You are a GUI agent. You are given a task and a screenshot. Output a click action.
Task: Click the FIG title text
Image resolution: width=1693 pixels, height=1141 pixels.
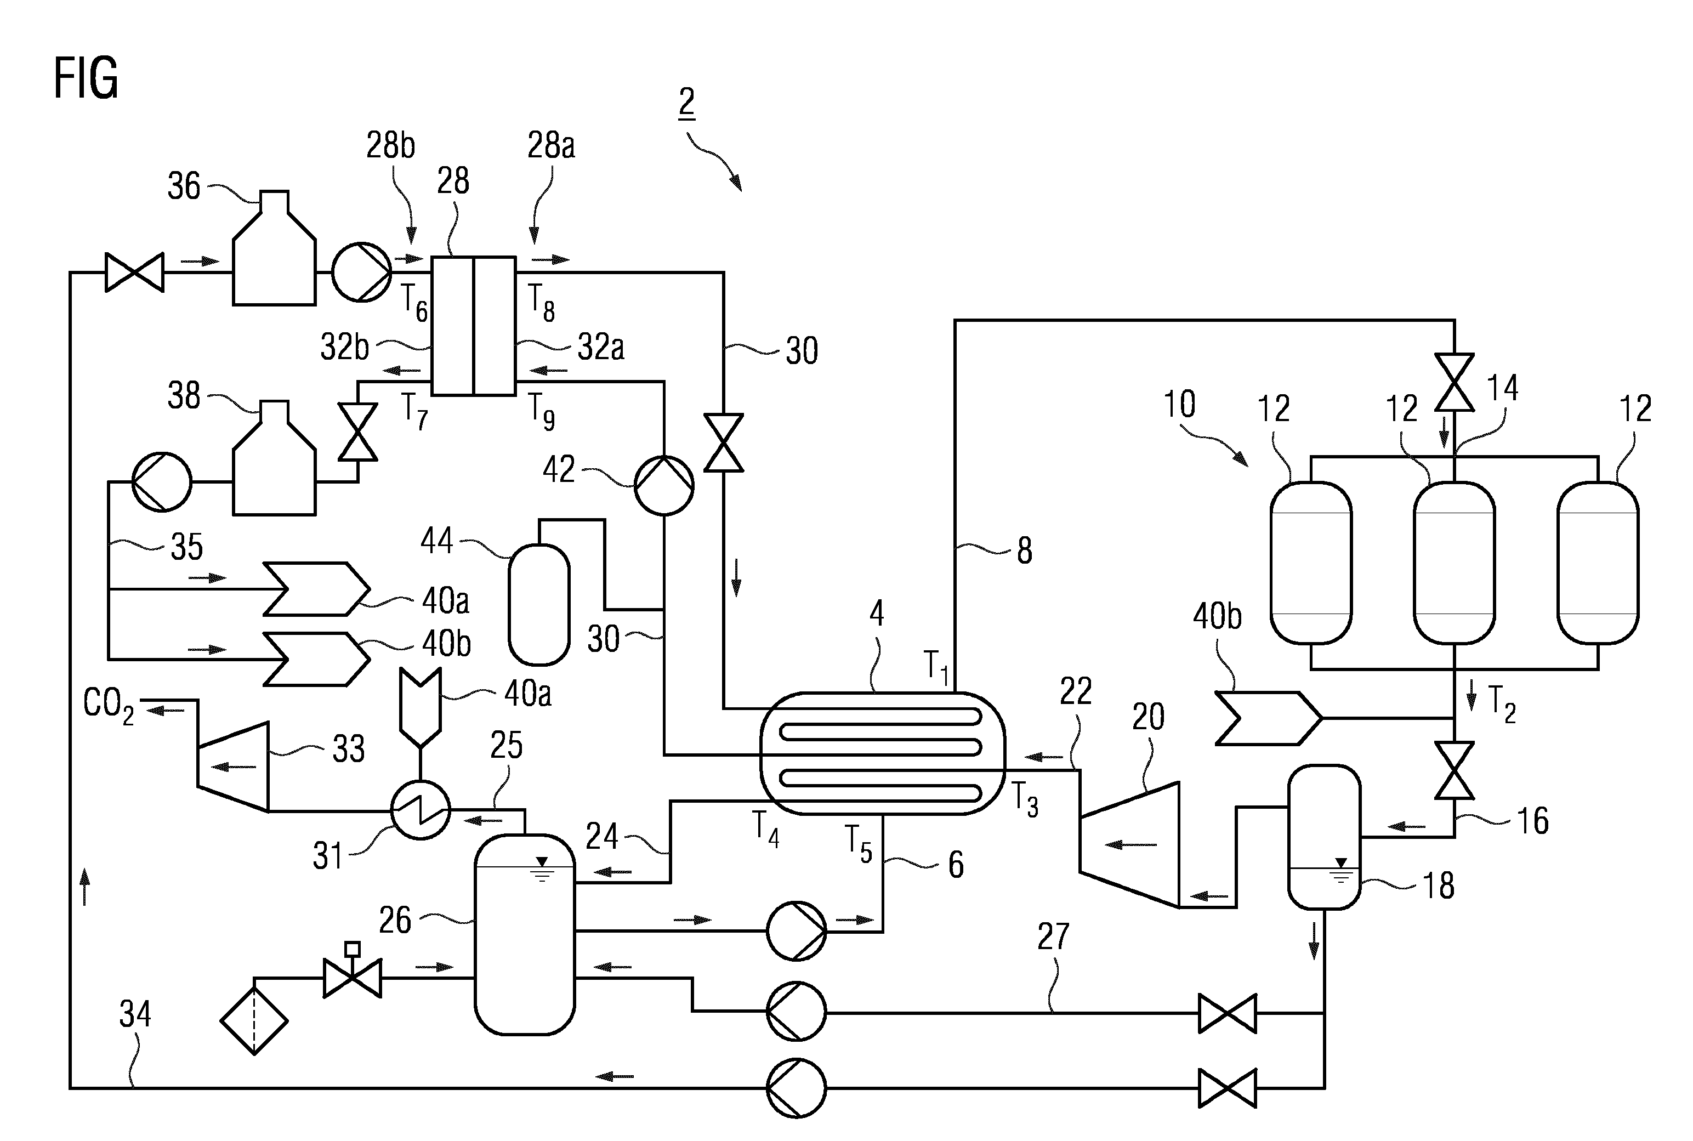click(x=86, y=78)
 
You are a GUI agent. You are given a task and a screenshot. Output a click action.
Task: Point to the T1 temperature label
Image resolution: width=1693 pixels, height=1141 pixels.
click(x=936, y=667)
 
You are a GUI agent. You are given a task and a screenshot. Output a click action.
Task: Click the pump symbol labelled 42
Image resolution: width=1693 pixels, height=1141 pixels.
click(x=663, y=485)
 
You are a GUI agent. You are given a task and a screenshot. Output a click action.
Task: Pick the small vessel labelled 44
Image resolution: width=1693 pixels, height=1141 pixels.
click(x=539, y=605)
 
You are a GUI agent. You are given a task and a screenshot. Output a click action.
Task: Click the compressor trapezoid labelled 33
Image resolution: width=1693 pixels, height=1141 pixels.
click(x=233, y=767)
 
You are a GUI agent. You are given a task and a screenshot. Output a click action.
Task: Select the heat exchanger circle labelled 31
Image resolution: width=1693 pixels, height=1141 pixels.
click(x=421, y=810)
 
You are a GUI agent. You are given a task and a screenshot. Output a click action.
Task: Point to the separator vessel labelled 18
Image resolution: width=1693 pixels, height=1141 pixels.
click(x=1324, y=837)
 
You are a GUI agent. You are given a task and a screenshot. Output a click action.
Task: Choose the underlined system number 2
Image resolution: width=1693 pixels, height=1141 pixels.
click(x=686, y=103)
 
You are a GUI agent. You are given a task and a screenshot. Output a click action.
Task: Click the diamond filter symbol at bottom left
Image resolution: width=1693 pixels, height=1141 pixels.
click(x=254, y=1021)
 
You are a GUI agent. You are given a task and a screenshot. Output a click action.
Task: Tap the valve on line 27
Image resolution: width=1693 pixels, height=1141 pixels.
click(x=1228, y=1013)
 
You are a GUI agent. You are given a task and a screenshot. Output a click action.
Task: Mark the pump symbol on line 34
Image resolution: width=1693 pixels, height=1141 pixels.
click(x=796, y=1088)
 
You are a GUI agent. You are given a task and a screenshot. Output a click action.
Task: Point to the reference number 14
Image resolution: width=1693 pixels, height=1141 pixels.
click(x=1502, y=388)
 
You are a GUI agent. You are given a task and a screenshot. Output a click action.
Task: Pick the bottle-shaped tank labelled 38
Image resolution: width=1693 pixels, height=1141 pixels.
click(x=274, y=458)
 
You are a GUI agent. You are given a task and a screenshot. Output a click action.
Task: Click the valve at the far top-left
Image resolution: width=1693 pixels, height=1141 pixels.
click(x=135, y=272)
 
